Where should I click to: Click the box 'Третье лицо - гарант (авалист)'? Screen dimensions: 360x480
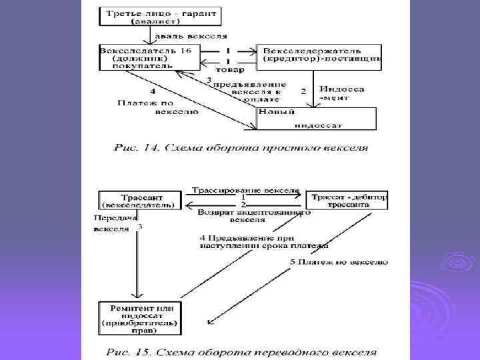coord(161,17)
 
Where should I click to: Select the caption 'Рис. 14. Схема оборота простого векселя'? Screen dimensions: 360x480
coord(241,146)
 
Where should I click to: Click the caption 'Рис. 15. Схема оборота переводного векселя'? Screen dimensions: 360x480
coord(240,351)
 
